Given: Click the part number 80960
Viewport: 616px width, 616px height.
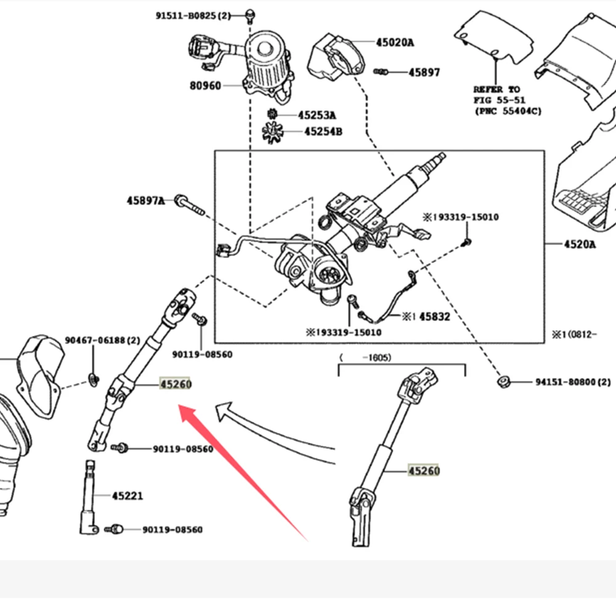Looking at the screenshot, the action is pyautogui.click(x=205, y=86).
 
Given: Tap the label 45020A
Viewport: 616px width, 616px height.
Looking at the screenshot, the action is pyautogui.click(x=395, y=42).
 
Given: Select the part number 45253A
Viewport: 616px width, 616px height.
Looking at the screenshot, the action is pyautogui.click(x=317, y=115).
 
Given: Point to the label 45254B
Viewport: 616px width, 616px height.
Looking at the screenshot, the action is pyautogui.click(x=323, y=131).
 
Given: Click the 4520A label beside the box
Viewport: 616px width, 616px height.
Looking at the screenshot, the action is pyautogui.click(x=580, y=245).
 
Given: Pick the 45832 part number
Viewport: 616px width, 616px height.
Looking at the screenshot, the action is pyautogui.click(x=434, y=317).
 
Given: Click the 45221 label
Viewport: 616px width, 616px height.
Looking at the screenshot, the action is pyautogui.click(x=128, y=496).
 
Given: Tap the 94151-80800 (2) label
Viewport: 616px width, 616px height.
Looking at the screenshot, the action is pyautogui.click(x=573, y=382).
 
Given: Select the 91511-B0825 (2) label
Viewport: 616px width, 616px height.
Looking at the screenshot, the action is pyautogui.click(x=193, y=16).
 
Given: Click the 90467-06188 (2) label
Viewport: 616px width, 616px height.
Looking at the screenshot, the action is pyautogui.click(x=102, y=340).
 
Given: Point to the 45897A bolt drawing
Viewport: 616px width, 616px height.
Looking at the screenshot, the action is pyautogui.click(x=189, y=205).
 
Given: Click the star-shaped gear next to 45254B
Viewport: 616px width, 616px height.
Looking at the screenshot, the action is pyautogui.click(x=273, y=132).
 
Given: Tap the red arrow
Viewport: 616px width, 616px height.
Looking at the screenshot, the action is pyautogui.click(x=243, y=472).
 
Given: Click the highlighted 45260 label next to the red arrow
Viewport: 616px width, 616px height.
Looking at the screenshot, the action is pyautogui.click(x=175, y=384).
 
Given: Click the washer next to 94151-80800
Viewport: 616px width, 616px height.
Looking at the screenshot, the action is pyautogui.click(x=503, y=381).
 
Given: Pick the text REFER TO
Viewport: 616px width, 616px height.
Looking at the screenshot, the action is pyautogui.click(x=496, y=89).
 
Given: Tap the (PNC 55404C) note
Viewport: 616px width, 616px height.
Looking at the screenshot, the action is pyautogui.click(x=508, y=111).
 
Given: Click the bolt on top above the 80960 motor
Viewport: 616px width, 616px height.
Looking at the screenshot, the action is pyautogui.click(x=250, y=15).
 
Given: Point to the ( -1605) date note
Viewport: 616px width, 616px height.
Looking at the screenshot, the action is pyautogui.click(x=365, y=357).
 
